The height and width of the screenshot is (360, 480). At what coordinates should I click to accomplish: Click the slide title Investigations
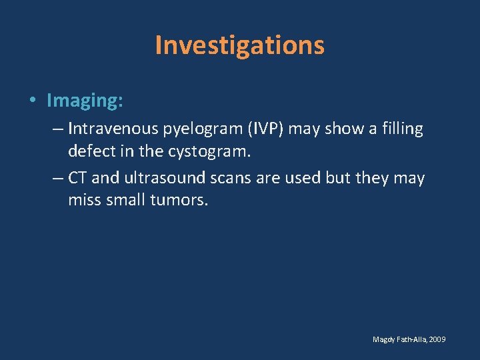click(239, 45)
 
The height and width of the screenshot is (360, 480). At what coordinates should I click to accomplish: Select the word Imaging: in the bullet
click(85, 101)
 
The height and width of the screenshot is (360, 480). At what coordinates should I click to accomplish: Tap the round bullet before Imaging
click(33, 101)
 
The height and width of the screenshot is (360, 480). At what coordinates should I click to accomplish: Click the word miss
click(85, 201)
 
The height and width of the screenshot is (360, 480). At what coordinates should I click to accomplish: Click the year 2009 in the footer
click(437, 340)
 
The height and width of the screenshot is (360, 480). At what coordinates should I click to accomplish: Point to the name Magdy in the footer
click(384, 340)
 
